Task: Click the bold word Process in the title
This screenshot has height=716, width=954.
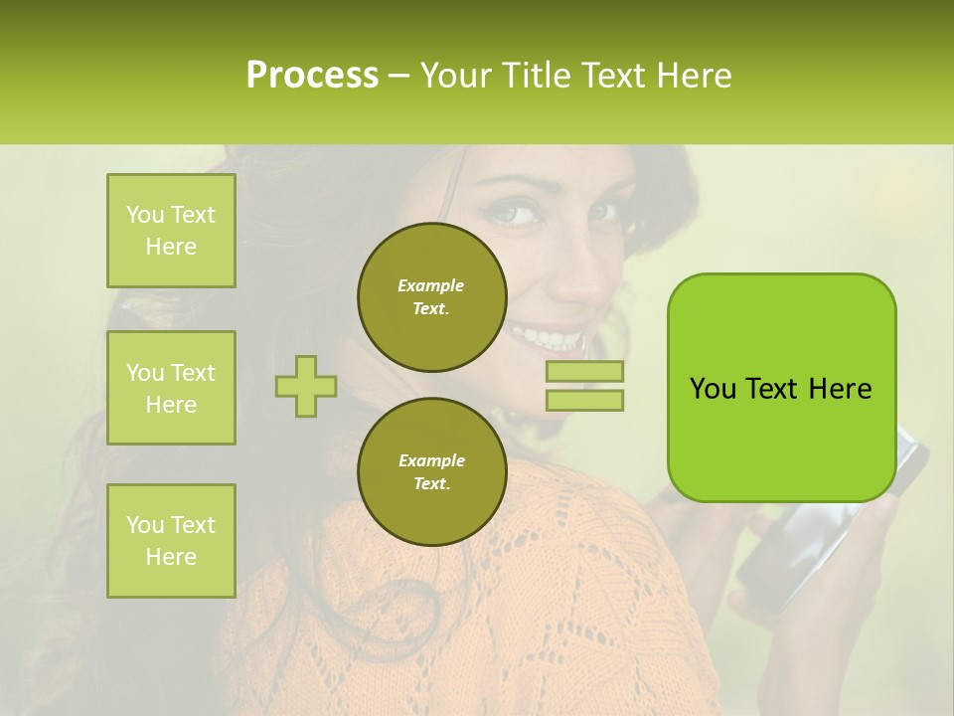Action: (312, 76)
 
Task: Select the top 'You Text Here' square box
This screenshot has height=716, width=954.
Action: (171, 231)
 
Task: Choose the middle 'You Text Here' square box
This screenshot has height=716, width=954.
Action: (171, 388)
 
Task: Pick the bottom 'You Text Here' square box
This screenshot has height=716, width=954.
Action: (171, 541)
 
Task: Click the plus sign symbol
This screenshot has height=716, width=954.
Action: (306, 386)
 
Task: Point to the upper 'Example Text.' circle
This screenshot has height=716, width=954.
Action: (431, 297)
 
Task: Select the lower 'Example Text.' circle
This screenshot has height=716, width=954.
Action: (431, 472)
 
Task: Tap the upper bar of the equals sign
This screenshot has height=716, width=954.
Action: (584, 372)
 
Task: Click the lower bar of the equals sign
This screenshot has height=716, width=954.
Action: (584, 400)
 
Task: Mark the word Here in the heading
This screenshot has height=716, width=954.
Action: (694, 76)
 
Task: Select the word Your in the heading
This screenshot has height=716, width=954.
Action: (456, 76)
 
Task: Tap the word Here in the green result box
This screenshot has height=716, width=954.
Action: (839, 389)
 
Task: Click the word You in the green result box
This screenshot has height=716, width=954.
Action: (713, 389)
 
